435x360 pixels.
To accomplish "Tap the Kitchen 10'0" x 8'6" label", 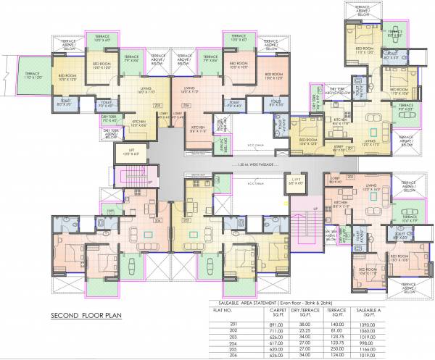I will click(x=138, y=125).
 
